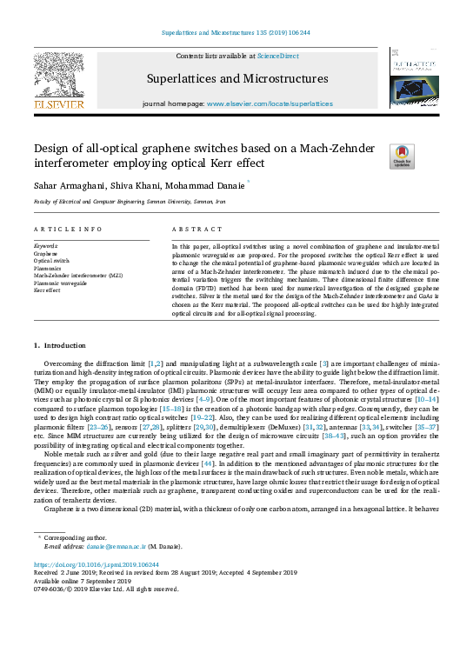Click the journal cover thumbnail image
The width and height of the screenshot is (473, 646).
(x=414, y=78)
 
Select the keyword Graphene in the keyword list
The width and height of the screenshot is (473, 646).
(x=46, y=253)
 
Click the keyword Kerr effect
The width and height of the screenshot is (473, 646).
(x=50, y=290)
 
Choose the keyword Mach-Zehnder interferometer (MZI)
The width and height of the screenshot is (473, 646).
(x=77, y=275)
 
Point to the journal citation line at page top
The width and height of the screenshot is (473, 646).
(x=236, y=35)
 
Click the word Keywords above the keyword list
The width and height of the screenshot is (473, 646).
(x=46, y=246)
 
